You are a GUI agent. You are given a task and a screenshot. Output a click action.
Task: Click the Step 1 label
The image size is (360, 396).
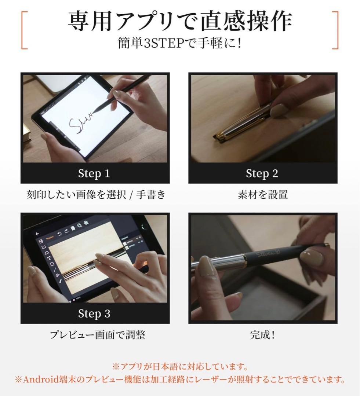coord(94,173)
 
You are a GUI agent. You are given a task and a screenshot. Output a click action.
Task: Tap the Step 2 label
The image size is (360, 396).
coord(262,173)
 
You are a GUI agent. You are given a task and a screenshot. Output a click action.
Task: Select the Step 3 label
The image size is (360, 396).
coord(94,313)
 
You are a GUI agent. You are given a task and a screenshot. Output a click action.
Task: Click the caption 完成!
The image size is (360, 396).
coord(262,335)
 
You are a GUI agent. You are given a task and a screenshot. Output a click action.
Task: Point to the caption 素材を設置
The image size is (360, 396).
coord(262,195)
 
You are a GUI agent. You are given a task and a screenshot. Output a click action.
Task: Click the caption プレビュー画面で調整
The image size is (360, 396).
coord(98,335)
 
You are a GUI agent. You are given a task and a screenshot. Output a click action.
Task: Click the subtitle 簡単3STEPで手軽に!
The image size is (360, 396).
coord(180,44)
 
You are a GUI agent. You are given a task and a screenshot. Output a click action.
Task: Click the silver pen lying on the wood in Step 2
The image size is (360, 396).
coord(244,123)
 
